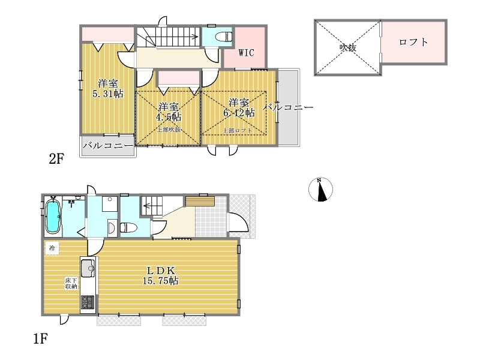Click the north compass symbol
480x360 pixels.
click(320, 190)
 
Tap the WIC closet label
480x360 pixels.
click(246, 53)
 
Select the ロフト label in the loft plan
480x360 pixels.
click(413, 42)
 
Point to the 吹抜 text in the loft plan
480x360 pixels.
click(348, 48)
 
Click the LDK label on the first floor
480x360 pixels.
click(161, 271)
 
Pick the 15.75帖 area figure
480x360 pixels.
click(161, 280)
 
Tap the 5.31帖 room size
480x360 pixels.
click(108, 94)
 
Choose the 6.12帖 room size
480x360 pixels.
click(239, 113)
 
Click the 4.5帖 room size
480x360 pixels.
click(169, 116)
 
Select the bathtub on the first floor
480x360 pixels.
click(52, 216)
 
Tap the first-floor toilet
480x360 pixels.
click(128, 227)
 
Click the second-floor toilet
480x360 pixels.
click(224, 37)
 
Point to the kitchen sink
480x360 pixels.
click(88, 268)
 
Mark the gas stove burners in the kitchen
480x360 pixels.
click(88, 302)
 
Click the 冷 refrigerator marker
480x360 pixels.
click(52, 248)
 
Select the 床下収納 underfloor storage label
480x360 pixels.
click(71, 283)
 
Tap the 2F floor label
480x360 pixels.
click(56, 159)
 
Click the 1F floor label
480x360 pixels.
click(40, 338)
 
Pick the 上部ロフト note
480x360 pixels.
click(237, 130)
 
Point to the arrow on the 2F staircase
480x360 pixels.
click(177, 37)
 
